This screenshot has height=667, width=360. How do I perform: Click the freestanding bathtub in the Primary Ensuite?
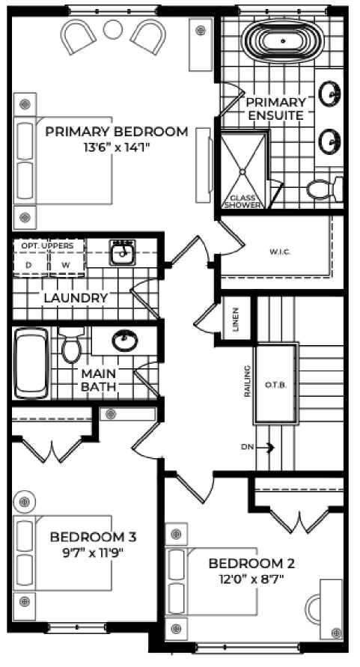tap(283, 41)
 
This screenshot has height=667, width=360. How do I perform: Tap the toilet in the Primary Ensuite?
tap(324, 189)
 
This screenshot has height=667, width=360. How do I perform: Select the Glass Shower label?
tap(242, 201)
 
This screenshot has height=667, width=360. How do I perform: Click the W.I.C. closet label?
tap(280, 252)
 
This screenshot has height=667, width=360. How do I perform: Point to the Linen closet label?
tap(236, 319)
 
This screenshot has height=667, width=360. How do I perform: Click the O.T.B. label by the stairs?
tap(276, 386)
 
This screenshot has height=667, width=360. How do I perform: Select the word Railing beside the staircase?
tap(247, 381)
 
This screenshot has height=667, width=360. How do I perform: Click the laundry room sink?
tap(123, 252)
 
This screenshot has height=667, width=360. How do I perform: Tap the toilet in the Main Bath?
tap(71, 344)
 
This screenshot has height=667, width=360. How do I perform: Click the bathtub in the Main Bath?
tap(31, 363)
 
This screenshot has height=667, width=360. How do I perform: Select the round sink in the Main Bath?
tap(125, 340)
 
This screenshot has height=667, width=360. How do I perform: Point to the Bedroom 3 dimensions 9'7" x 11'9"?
tap(94, 552)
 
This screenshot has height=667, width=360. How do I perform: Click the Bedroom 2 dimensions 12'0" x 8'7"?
tap(252, 579)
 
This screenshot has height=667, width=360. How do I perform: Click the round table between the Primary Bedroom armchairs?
tap(113, 29)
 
